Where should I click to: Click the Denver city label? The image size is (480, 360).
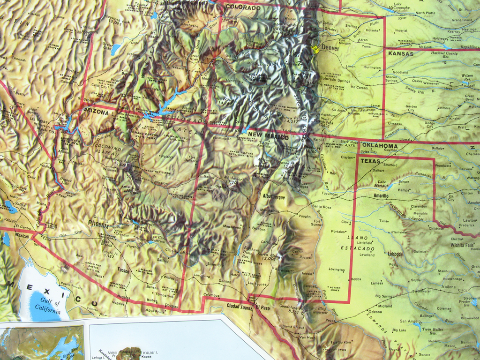[x=330, y=48]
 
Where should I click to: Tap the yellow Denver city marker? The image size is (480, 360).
[x=315, y=49]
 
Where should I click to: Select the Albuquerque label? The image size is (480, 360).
[x=274, y=197]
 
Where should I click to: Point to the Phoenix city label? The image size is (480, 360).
[x=98, y=225]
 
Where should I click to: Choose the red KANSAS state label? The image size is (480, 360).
[x=401, y=54]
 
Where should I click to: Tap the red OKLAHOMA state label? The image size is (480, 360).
[x=380, y=146]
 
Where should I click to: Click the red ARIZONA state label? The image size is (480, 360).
[x=96, y=112]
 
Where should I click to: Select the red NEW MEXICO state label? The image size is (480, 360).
[x=268, y=136]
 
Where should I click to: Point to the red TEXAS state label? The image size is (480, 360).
[x=370, y=161]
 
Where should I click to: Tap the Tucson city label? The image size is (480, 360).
[x=123, y=270]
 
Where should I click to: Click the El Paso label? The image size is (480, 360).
[x=262, y=307]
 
